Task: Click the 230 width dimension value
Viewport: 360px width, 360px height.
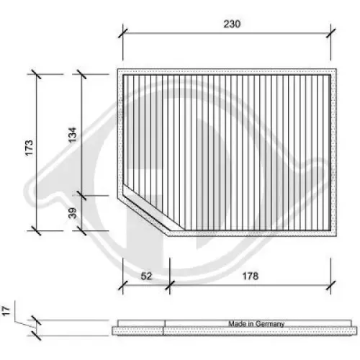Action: point(231,23)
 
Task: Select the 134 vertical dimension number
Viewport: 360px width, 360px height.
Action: point(73,135)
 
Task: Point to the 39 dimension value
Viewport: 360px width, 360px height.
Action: point(73,213)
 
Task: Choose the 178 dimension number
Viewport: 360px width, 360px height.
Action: point(251,276)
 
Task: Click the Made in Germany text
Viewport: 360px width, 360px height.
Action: point(257,324)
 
